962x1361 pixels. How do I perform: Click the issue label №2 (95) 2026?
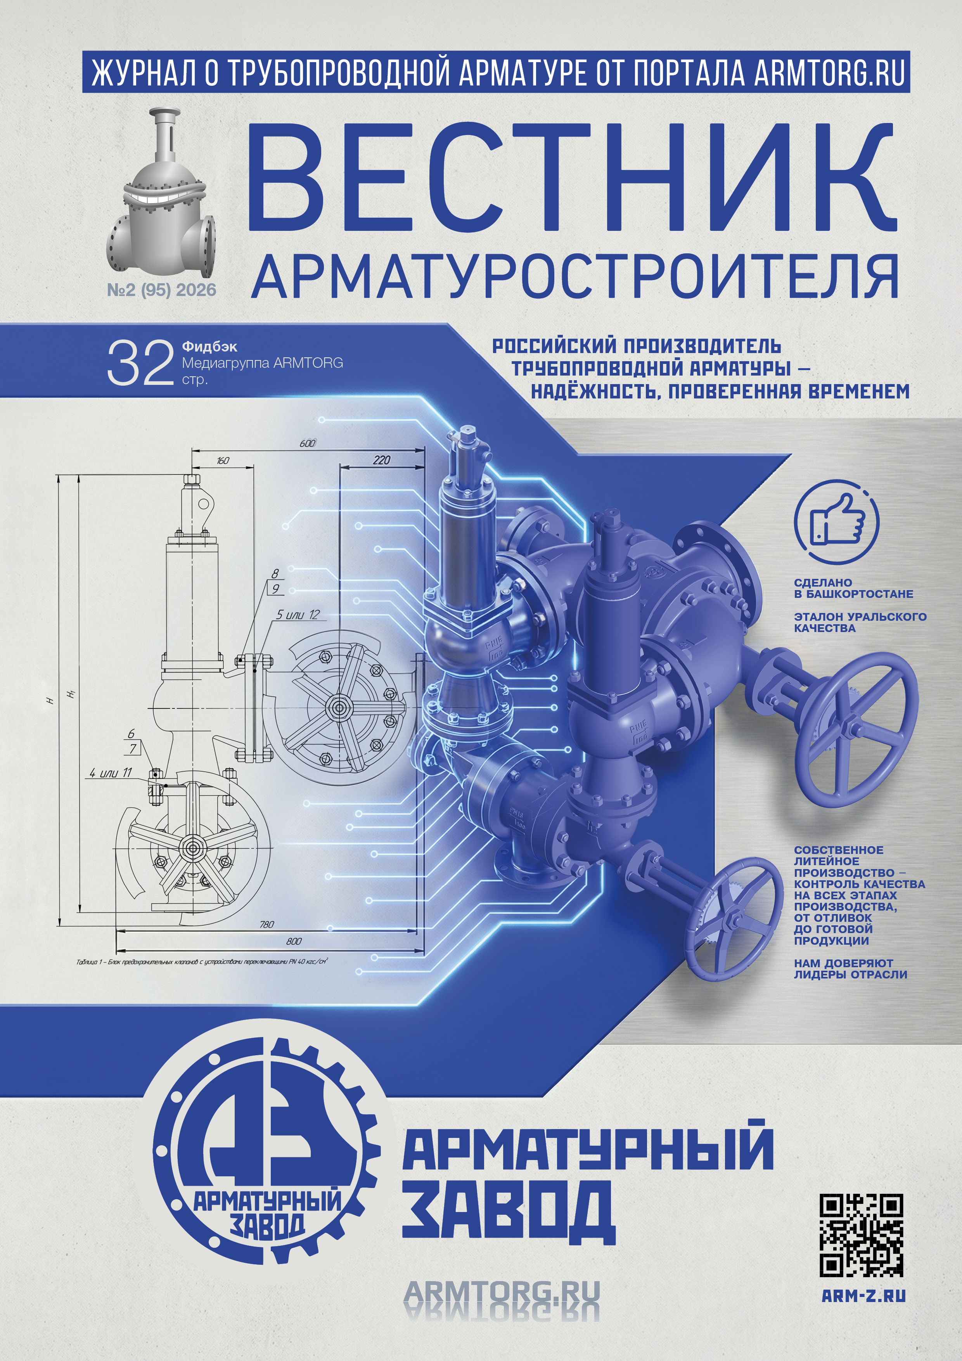[161, 290]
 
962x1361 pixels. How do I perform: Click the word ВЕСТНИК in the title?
[572, 178]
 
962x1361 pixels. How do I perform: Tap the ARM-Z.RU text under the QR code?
[863, 1296]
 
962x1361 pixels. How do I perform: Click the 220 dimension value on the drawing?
[382, 460]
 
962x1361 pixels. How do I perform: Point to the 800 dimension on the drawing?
[293, 941]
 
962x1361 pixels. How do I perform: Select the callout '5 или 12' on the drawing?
[298, 615]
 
